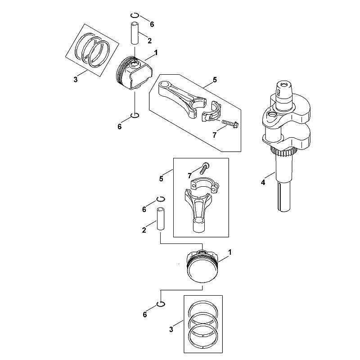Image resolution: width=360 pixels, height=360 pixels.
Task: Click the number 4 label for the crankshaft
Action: click(263, 183)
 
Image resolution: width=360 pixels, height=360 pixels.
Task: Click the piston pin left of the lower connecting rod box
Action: click(161, 219)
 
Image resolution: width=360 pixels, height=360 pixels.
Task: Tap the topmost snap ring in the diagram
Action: click(134, 15)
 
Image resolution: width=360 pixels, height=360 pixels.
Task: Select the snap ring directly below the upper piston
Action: click(135, 115)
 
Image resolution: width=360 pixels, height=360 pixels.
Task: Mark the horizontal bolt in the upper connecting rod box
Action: click(230, 123)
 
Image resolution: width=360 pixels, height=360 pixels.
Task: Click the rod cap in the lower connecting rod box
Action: click(205, 185)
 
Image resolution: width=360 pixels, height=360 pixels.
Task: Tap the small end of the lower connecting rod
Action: click(199, 225)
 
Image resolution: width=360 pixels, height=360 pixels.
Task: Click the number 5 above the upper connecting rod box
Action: click(215, 80)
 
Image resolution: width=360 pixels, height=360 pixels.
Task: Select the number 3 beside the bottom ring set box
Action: click(171, 329)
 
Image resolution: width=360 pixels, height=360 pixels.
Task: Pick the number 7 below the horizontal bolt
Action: click(215, 135)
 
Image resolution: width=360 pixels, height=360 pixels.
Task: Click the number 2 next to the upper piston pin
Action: click(150, 40)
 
